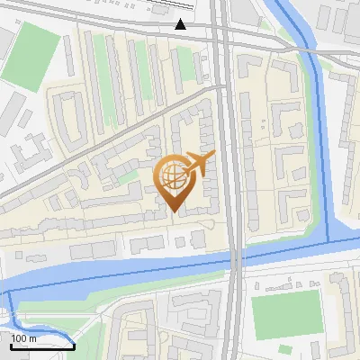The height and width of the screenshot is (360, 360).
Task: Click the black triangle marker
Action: coord(181,24)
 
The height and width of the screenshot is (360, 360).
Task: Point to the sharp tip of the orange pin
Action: coord(173,212)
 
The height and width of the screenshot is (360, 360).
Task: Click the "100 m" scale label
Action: coord(24,337)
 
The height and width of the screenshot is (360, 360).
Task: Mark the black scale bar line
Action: coord(41,345)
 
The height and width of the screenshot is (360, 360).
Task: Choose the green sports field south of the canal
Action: coord(286,313)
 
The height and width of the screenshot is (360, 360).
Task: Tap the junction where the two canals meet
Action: coord(327,241)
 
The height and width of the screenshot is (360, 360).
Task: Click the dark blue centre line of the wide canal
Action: coord(135,269)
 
